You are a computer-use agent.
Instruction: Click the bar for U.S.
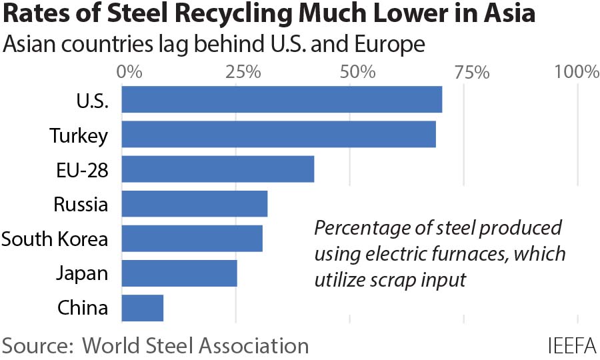click(x=281, y=99)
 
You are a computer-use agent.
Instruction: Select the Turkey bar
click(x=278, y=134)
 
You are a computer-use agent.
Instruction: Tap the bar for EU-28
click(x=217, y=169)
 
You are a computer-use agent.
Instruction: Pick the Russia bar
click(x=194, y=203)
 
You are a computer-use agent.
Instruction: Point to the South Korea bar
click(x=191, y=238)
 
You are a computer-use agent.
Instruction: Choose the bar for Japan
click(x=179, y=273)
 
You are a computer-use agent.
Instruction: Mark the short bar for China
click(x=142, y=307)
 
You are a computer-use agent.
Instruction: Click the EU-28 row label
click(x=81, y=169)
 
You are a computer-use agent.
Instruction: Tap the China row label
click(x=83, y=308)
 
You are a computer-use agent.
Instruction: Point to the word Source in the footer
click(x=37, y=346)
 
